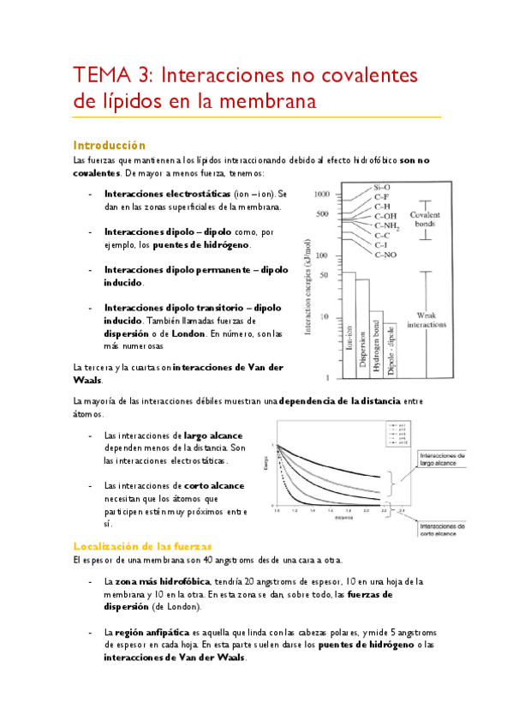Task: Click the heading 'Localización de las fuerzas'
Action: pyautogui.click(x=142, y=546)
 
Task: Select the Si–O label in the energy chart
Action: pyautogui.click(x=382, y=188)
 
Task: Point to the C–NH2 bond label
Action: pyautogui.click(x=388, y=225)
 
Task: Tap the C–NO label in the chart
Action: pyautogui.click(x=385, y=255)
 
